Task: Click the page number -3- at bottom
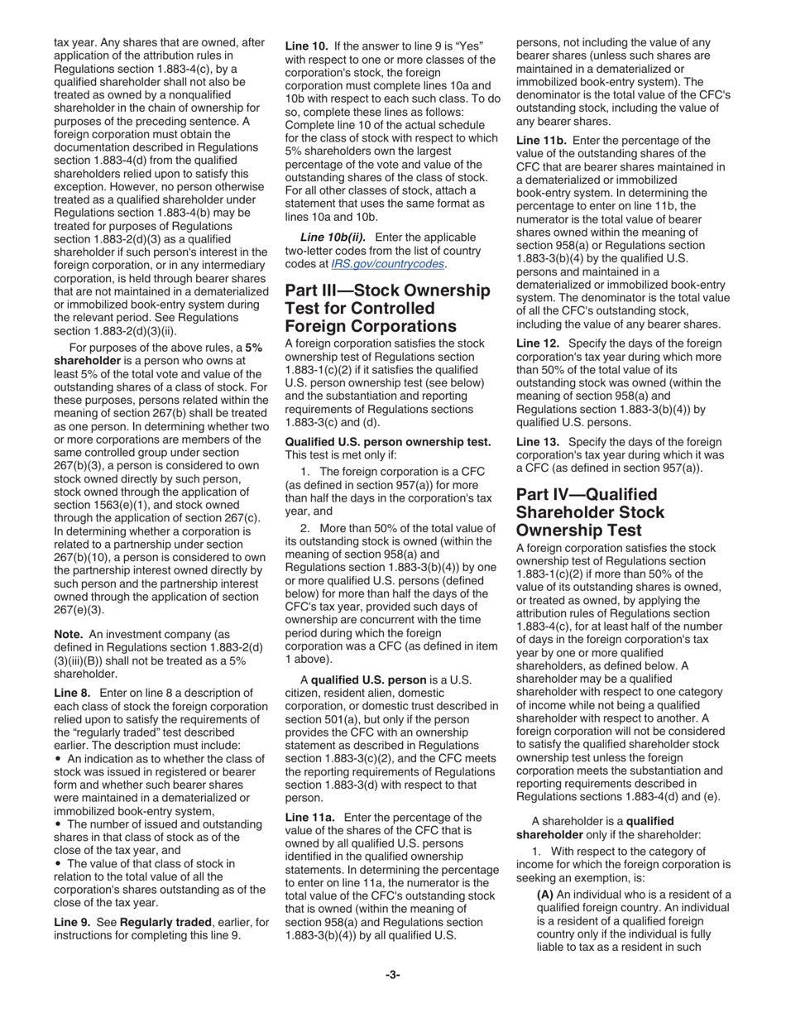pos(392,975)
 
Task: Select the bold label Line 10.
pos(307,46)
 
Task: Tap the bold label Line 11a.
pos(310,817)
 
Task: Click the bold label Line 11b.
pos(542,141)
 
